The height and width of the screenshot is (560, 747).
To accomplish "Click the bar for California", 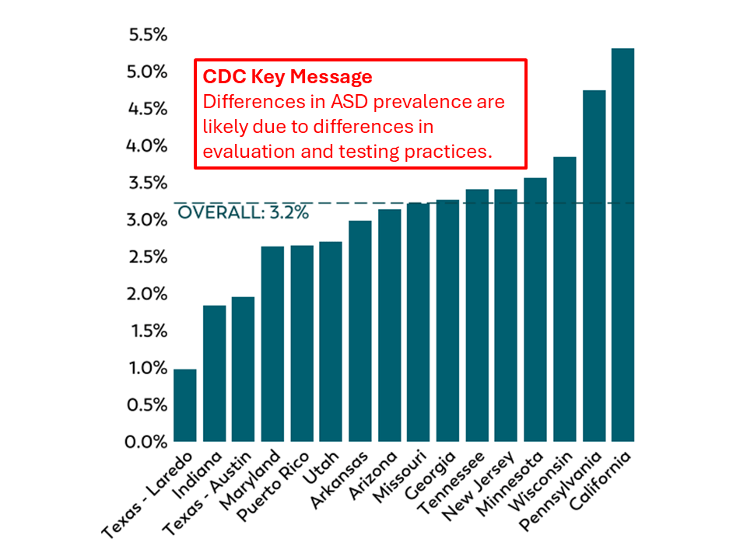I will (622, 245).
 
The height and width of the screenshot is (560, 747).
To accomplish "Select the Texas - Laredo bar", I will (185, 405).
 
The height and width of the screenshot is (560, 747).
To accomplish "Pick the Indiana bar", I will (214, 373).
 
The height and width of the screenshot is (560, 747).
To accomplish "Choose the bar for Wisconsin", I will (564, 299).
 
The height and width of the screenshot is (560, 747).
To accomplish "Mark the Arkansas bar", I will (360, 331).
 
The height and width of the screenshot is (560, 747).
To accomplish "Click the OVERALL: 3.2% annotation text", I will (243, 213).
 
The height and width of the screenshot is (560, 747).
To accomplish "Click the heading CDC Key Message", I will (287, 77).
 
